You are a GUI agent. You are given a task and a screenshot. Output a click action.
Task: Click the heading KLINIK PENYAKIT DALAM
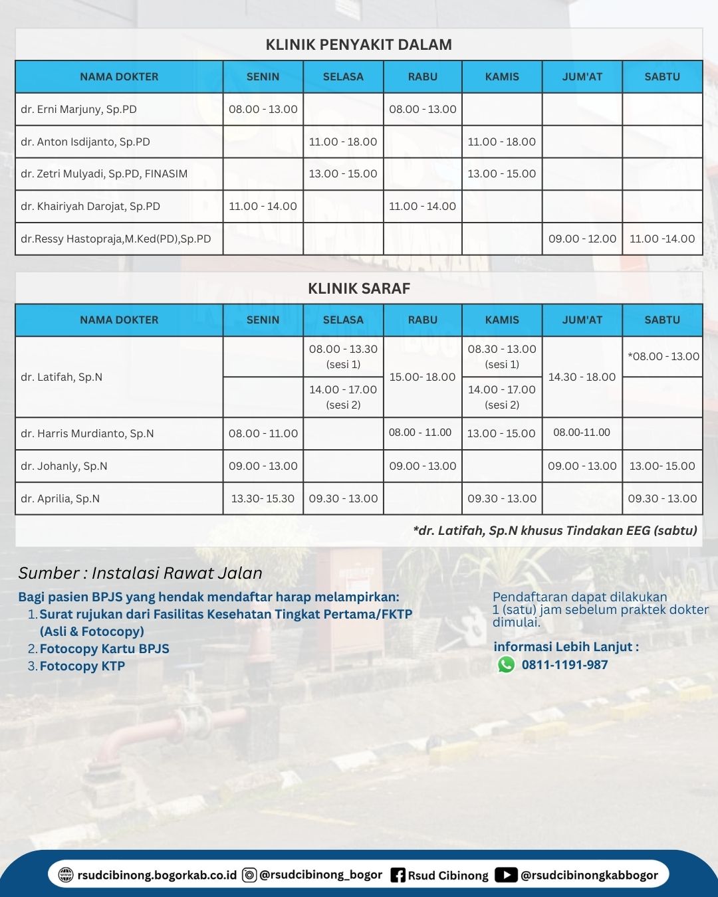(358, 45)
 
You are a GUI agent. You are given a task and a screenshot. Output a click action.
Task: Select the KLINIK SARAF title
(358, 288)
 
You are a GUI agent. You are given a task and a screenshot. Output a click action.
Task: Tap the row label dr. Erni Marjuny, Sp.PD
(78, 109)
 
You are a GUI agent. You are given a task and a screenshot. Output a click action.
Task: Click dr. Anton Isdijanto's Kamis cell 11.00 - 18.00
(502, 142)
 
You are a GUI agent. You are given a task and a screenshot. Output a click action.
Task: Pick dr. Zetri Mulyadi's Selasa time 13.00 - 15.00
(343, 173)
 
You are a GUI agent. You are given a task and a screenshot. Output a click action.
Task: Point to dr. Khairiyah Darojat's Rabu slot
(423, 206)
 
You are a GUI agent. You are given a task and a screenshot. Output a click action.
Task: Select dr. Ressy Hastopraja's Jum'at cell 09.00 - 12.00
(582, 239)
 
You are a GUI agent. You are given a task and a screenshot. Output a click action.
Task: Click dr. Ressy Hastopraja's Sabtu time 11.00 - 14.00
(662, 239)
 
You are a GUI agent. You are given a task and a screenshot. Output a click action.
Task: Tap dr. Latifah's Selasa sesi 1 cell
(343, 356)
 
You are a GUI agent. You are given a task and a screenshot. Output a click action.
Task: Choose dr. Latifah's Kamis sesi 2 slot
(502, 397)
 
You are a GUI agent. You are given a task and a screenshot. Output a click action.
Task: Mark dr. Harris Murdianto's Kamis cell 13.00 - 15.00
(501, 433)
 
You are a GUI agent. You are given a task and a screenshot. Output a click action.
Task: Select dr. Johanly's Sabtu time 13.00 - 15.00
(662, 466)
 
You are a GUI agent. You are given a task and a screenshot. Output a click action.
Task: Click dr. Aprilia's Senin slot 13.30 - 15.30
(263, 498)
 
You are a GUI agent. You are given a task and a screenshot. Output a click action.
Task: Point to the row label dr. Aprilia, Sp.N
(60, 498)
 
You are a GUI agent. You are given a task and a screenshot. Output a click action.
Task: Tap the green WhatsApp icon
(507, 664)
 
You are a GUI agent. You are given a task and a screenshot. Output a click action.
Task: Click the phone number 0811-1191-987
(564, 664)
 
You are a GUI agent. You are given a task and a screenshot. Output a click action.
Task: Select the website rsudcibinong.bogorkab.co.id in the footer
(157, 875)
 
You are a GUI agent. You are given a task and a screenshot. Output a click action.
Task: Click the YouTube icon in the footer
(506, 875)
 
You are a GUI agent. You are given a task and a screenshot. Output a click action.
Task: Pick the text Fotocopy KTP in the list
(82, 666)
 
